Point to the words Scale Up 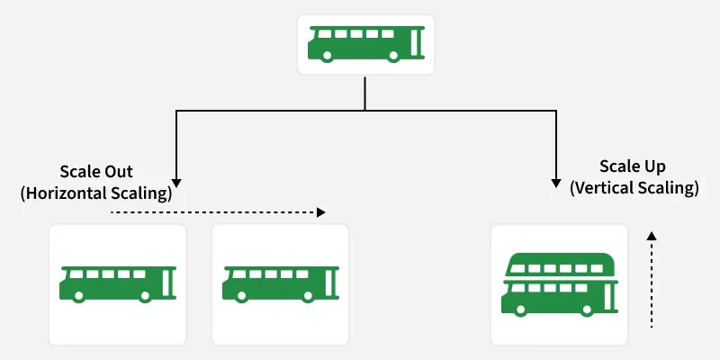tap(634, 167)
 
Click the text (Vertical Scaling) tap(634, 188)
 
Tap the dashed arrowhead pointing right tap(319, 213)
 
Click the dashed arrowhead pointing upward tap(652, 236)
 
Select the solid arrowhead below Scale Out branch tap(176, 179)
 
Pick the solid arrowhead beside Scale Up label tap(556, 179)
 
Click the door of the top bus tap(416, 40)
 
